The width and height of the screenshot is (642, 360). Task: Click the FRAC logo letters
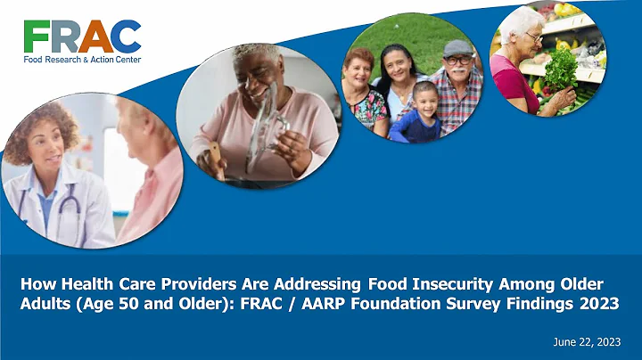click(x=82, y=37)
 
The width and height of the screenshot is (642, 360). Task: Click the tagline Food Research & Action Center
click(x=82, y=60)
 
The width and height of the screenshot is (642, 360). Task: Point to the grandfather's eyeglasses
click(x=457, y=60)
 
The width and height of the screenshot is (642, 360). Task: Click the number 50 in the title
click(x=170, y=302)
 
